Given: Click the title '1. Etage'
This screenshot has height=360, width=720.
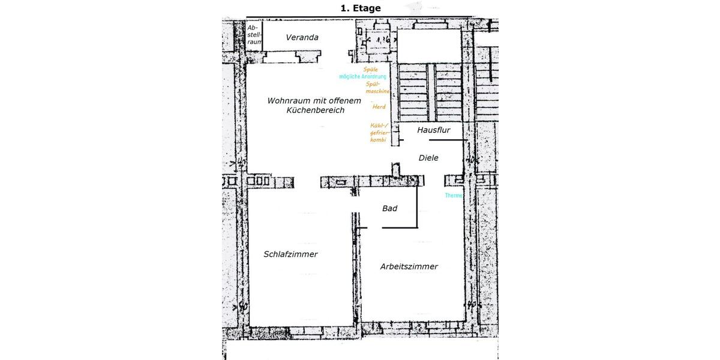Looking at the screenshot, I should click(x=361, y=8).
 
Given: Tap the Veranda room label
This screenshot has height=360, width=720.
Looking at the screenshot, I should click(x=302, y=37).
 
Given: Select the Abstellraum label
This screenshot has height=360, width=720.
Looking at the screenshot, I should click(x=254, y=35).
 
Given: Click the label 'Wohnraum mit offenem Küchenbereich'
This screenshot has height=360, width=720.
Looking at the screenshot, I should click(x=314, y=106).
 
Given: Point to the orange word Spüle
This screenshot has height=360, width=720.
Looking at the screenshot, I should click(x=370, y=70).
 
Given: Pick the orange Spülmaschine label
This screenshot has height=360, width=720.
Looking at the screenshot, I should click(x=377, y=88).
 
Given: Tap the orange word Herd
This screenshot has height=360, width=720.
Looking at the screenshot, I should click(x=379, y=107).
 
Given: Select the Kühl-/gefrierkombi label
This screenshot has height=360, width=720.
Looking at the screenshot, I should click(x=380, y=132).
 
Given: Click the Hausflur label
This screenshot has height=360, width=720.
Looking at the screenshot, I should click(x=433, y=129).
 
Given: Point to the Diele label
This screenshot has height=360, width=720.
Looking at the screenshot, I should click(x=428, y=158).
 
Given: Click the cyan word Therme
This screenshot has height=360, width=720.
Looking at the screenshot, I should click(x=454, y=196).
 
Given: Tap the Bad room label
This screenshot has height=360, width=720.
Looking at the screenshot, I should click(x=390, y=208).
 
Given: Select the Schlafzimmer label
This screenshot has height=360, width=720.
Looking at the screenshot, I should click(x=290, y=254).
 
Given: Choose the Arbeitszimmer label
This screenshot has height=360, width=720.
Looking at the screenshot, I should click(x=409, y=266).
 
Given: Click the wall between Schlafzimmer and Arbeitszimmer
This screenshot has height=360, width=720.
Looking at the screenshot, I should click(x=355, y=276).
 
